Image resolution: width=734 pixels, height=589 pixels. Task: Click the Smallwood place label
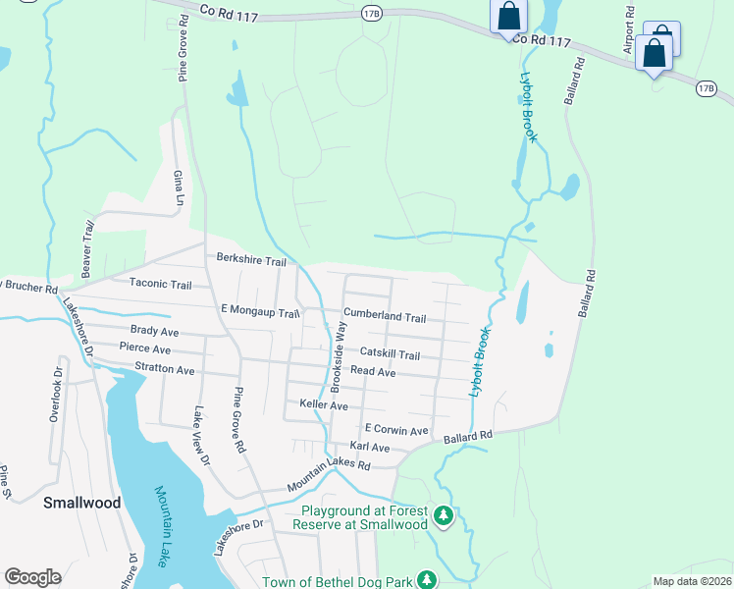[x=82, y=503]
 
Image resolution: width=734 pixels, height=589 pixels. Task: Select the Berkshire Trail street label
[x=251, y=262]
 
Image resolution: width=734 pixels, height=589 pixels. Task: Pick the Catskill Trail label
[x=390, y=354]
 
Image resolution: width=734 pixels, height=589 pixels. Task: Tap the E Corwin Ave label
[x=396, y=430]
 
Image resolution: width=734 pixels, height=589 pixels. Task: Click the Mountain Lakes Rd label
[x=328, y=476]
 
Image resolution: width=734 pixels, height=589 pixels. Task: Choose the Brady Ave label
[x=154, y=332]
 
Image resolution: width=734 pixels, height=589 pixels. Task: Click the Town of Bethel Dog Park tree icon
[x=427, y=580]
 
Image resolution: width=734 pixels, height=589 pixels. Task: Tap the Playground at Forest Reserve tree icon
[x=444, y=514]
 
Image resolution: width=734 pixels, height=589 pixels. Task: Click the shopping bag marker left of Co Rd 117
[x=509, y=17]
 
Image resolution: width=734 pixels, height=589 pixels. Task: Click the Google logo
[x=32, y=577]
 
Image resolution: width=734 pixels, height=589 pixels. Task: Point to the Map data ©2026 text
[x=692, y=581]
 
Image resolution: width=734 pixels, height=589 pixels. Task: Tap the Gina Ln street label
[x=179, y=187]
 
